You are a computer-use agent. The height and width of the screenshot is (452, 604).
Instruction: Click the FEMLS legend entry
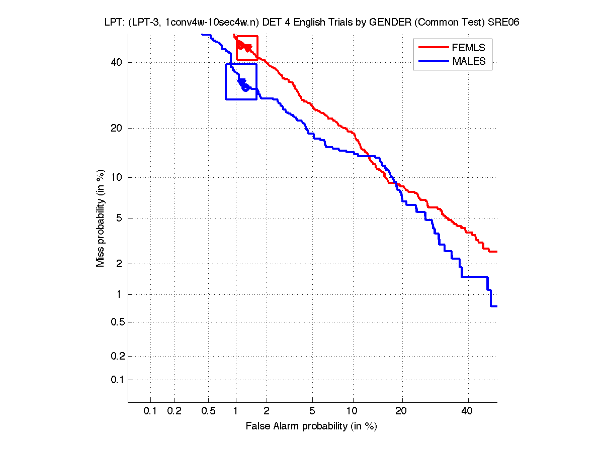tap(469, 48)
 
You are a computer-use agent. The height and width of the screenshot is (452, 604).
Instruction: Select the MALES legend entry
tap(469, 61)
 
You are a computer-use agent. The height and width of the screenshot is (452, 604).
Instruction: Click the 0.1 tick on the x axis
tap(150, 411)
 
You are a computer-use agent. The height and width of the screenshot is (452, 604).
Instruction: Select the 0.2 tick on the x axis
tap(174, 411)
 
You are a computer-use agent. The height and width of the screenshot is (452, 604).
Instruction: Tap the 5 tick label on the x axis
tap(312, 411)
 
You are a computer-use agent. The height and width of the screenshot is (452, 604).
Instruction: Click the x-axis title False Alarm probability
tap(311, 426)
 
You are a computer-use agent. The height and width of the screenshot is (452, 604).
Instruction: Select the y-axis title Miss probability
tap(101, 218)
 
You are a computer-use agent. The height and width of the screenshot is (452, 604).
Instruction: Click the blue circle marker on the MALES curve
tap(245, 88)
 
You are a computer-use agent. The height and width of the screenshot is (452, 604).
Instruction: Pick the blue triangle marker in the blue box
tap(242, 82)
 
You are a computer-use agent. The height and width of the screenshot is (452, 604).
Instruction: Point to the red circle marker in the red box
tap(240, 45)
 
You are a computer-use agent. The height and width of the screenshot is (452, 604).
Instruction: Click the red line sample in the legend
tap(434, 48)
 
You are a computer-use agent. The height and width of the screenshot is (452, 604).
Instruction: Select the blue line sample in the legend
tap(434, 61)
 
